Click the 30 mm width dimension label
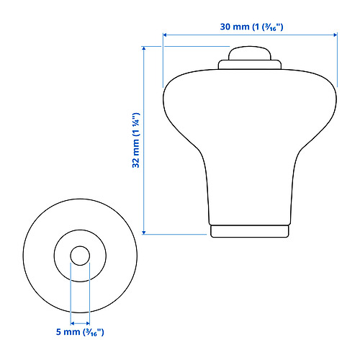click(x=251, y=27)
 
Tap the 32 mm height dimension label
click(x=136, y=140)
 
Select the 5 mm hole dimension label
click(x=80, y=332)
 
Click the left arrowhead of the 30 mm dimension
click(x=165, y=35)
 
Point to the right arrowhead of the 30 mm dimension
click(x=336, y=35)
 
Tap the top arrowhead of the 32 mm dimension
click(x=144, y=48)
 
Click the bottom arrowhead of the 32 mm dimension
click(x=144, y=233)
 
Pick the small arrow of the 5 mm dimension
click(x=80, y=323)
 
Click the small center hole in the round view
click(x=80, y=256)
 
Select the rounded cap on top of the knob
click(x=250, y=53)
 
